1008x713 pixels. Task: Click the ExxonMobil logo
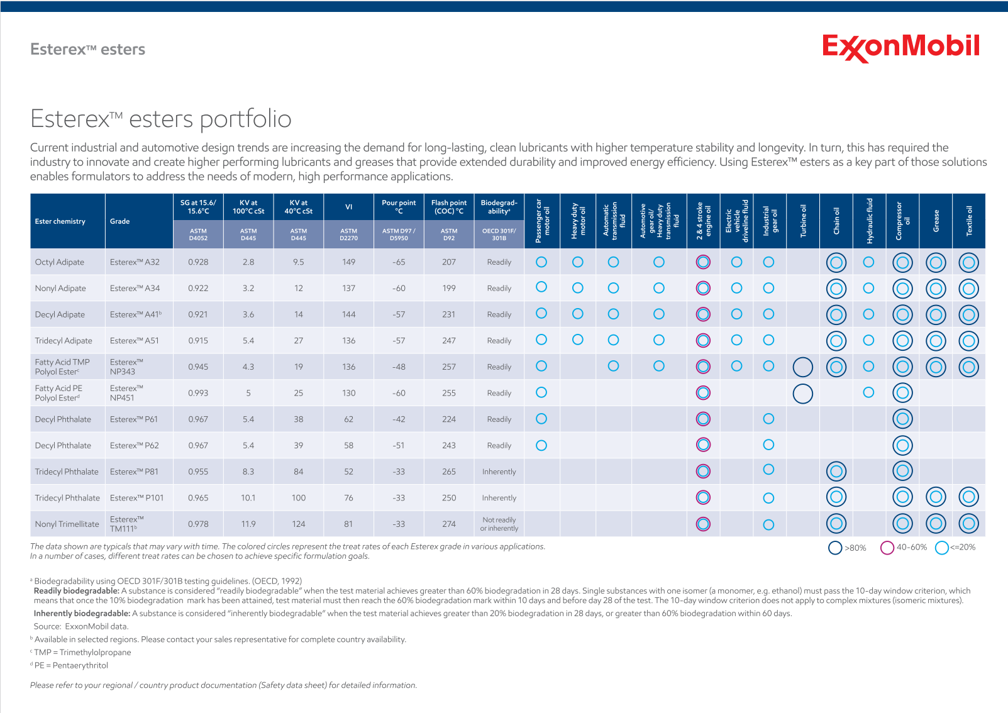coord(900,47)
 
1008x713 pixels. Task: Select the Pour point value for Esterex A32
coord(399,262)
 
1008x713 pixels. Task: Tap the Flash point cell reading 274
coord(448,524)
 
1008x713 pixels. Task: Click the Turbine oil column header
coord(803,221)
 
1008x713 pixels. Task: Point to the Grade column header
coord(119,221)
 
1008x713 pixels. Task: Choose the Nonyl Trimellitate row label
coord(67,524)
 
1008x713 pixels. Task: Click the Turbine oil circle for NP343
coord(803,367)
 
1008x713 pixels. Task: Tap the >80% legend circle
coord(835,548)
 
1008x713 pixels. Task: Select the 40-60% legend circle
coord(887,548)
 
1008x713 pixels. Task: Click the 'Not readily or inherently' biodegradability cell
coord(499,524)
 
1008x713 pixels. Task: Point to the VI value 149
coord(348,262)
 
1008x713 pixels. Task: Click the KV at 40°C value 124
coord(298,524)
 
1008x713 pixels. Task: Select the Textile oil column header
coord(968,221)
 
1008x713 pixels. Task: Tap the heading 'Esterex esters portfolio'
coord(161,119)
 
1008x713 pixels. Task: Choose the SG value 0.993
coord(198,393)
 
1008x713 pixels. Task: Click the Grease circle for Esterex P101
coord(936,497)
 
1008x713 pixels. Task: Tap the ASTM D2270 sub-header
coord(348,235)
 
